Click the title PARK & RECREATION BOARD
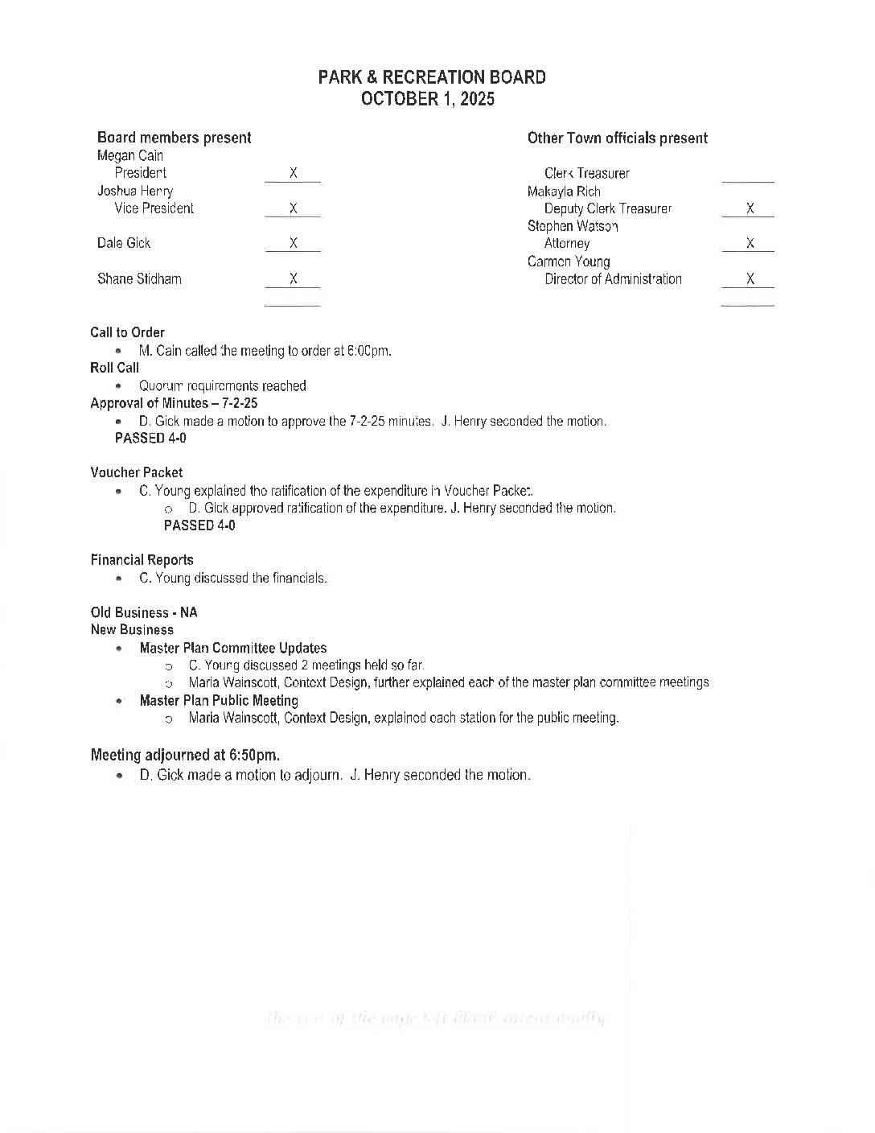[432, 77]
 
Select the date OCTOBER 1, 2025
[428, 99]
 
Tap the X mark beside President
[294, 173]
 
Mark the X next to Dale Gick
[294, 243]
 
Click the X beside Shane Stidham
[294, 278]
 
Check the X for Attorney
[750, 243]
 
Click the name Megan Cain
[130, 155]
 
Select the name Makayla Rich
[564, 192]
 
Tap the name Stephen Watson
[573, 226]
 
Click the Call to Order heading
[127, 332]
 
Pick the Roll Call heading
[114, 368]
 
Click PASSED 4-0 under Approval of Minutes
[150, 438]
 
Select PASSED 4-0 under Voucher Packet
[199, 525]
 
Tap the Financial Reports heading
[142, 560]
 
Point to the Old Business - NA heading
[144, 612]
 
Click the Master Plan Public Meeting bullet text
[219, 700]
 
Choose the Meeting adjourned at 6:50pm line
[185, 755]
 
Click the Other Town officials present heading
[618, 138]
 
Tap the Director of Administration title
[613, 279]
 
